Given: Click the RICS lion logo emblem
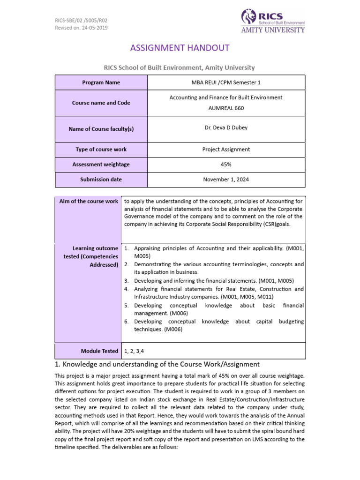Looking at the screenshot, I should coord(248,17).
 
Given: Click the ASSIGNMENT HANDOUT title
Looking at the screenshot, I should coord(180,48).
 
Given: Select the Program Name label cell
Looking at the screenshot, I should coord(101,82).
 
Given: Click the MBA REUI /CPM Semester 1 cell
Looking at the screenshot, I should coord(226,82).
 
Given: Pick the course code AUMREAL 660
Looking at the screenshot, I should coord(226,108).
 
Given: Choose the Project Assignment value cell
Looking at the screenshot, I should coord(226,150).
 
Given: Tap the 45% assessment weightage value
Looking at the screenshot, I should coord(226,165).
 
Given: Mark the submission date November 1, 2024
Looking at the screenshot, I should coord(226,180).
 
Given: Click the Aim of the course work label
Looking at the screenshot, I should coord(89,201).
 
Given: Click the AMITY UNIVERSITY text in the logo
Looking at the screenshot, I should coord(280,30).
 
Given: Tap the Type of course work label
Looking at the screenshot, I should coord(101,150).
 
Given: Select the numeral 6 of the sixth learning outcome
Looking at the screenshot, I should coord(126,322).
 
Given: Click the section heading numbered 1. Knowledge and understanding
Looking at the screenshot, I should coord(157,364).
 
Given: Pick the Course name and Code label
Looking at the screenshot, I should coord(101,103).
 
